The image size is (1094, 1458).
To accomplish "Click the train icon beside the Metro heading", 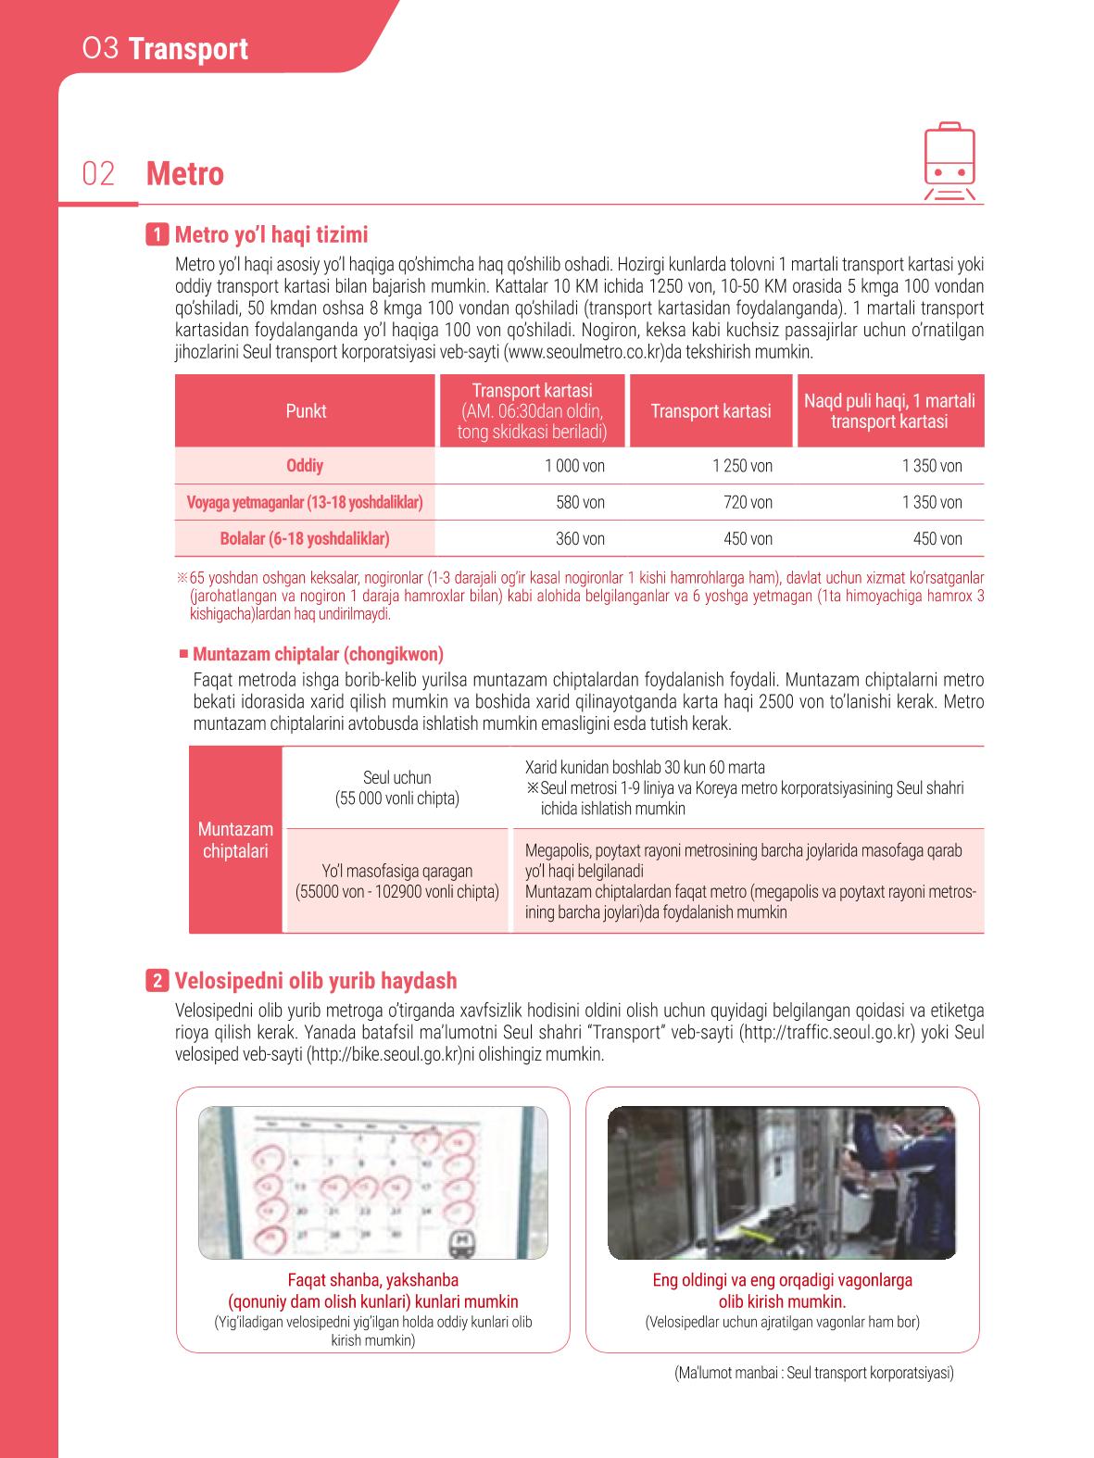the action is coord(949,161).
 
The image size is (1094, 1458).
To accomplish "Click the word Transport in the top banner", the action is coord(188,49).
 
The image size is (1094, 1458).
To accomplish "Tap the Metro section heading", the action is coord(184,174).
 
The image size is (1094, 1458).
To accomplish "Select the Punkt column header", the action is coord(306,411).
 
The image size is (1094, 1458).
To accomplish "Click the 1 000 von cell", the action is coord(574,466).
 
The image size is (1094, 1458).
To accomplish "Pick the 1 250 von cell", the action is coord(743,466).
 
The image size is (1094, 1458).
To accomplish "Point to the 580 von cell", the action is coord(581,502).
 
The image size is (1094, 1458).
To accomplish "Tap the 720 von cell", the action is coord(748,502).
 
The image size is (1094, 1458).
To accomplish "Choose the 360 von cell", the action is coord(581,539).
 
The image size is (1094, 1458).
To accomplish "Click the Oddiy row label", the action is coord(305,466).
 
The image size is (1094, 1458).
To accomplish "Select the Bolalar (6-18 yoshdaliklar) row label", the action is coord(305,539).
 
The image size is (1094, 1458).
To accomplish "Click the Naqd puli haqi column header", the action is coord(889,411).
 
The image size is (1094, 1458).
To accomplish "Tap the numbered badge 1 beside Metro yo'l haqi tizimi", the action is coord(157,234).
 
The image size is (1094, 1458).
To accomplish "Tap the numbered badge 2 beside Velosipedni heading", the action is coord(157,980).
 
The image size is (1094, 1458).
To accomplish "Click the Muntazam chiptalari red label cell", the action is coord(236,839).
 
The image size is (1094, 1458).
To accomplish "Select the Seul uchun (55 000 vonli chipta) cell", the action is coord(397,787).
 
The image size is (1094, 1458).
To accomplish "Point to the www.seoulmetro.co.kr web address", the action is coord(585,352).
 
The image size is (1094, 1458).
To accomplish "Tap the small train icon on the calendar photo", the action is coord(460,1243).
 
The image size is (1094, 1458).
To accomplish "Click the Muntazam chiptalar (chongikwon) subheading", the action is coord(318,654).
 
